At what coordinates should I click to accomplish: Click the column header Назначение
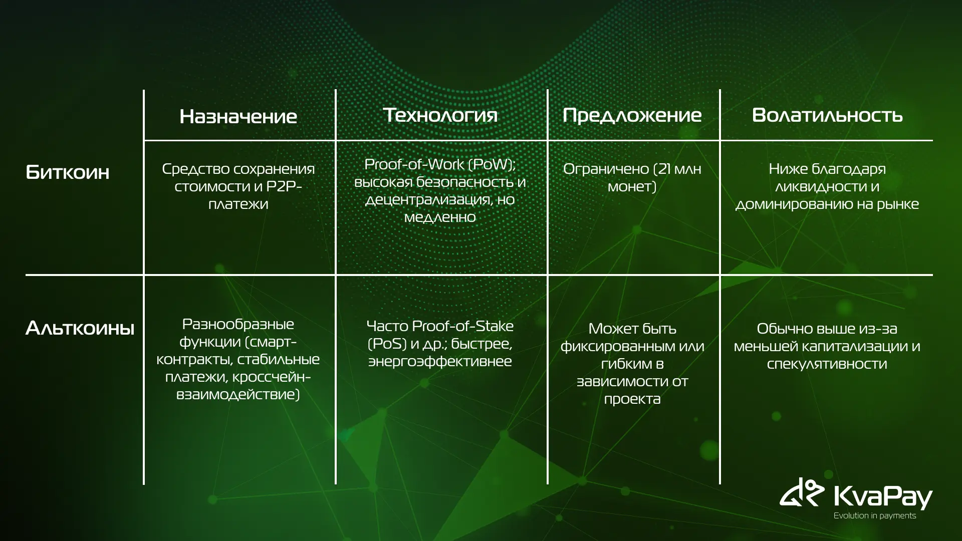pyautogui.click(x=238, y=116)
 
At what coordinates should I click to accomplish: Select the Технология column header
pyautogui.click(x=440, y=115)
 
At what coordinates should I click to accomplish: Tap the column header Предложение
pyautogui.click(x=632, y=115)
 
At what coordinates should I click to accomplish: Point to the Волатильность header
pyautogui.click(x=827, y=115)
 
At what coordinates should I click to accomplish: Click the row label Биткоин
pyautogui.click(x=67, y=172)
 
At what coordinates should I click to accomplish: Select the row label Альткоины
pyautogui.click(x=80, y=328)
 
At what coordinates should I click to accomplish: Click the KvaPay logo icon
pyautogui.click(x=802, y=493)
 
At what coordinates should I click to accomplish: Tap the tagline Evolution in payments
pyautogui.click(x=874, y=515)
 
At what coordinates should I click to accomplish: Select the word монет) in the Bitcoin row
pyautogui.click(x=632, y=187)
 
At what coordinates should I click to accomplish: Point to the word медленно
pyautogui.click(x=440, y=217)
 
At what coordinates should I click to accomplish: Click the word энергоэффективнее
pyautogui.click(x=440, y=362)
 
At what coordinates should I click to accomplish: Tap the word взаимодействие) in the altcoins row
pyautogui.click(x=238, y=395)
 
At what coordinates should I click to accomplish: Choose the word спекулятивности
pyautogui.click(x=827, y=364)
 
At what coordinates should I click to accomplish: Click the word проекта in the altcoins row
pyautogui.click(x=632, y=399)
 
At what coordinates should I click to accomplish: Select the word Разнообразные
pyautogui.click(x=238, y=325)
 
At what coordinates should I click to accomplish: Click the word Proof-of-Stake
pyautogui.click(x=462, y=326)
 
